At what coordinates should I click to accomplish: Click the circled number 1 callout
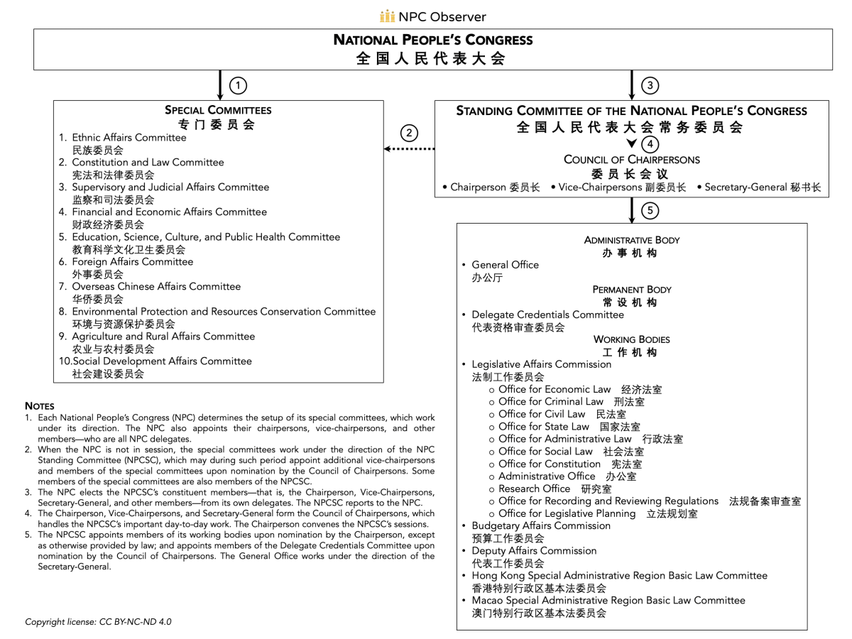click(x=239, y=86)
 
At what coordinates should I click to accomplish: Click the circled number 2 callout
click(x=408, y=133)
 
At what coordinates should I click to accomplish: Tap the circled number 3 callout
click(x=650, y=86)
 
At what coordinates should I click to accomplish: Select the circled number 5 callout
click(x=650, y=210)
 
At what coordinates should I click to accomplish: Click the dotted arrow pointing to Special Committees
click(x=409, y=149)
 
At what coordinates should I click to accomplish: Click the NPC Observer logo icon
click(x=387, y=16)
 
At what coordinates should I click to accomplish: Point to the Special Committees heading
click(x=218, y=111)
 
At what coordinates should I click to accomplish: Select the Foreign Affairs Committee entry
click(x=132, y=262)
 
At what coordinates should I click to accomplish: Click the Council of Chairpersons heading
click(x=631, y=160)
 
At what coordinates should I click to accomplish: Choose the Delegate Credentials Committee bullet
click(x=547, y=315)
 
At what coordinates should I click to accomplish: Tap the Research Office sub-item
click(x=534, y=488)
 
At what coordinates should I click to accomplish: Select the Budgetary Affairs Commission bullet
click(x=540, y=526)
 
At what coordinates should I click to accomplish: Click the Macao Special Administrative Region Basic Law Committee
click(x=608, y=601)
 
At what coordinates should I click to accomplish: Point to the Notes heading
click(x=40, y=405)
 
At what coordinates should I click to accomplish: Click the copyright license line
click(x=98, y=621)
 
